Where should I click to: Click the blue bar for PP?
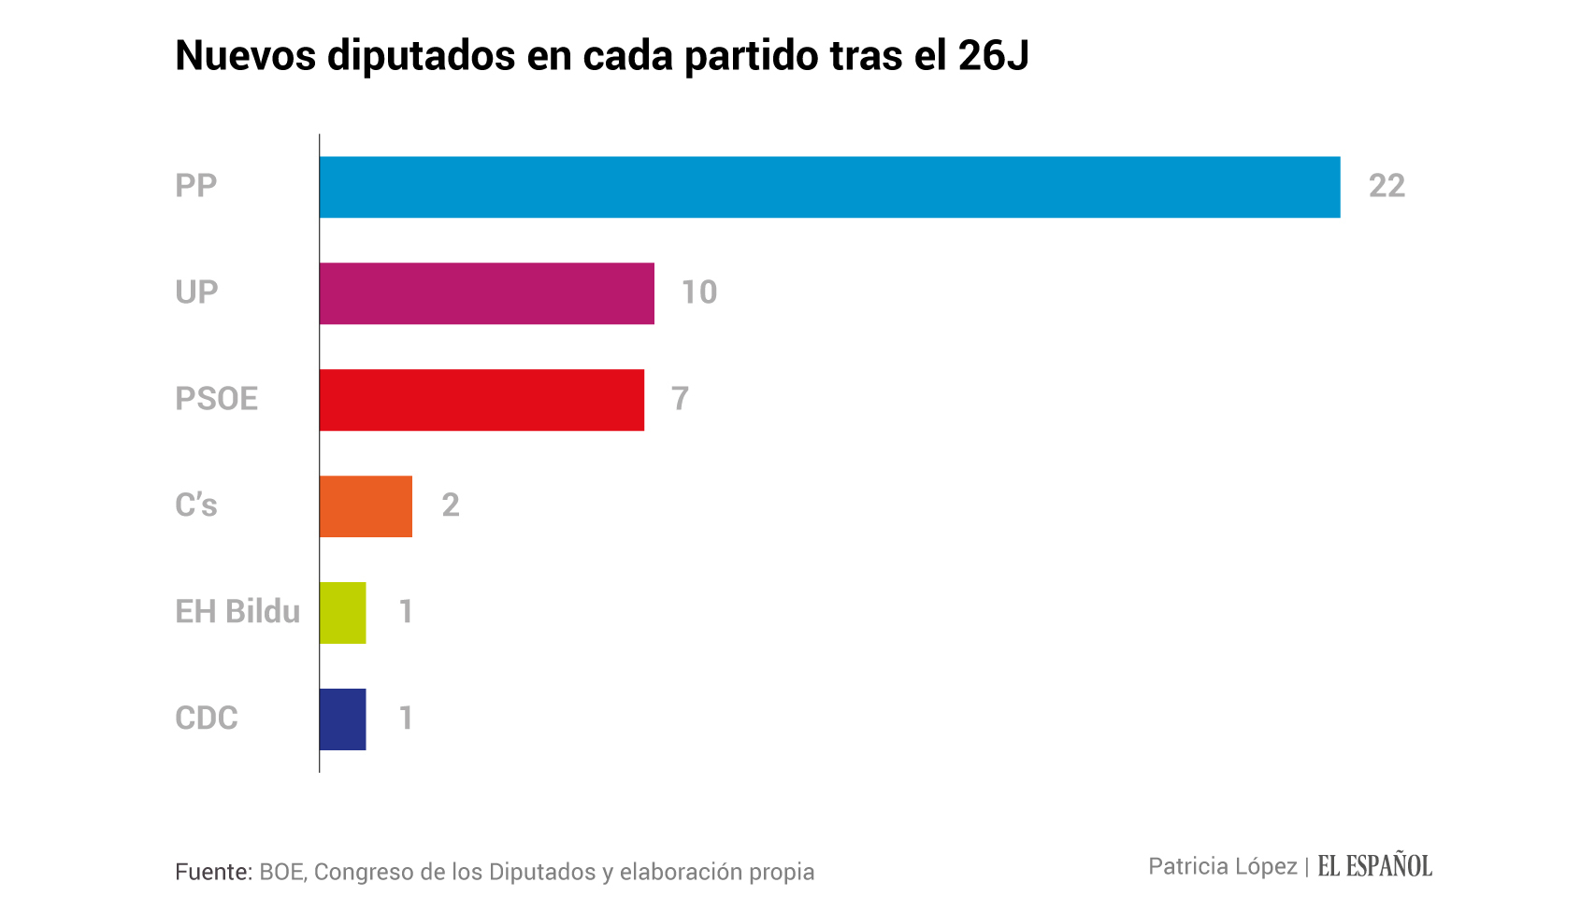click(829, 187)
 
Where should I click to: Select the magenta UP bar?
click(486, 293)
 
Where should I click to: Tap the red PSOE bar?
click(481, 400)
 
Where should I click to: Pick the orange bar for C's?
click(366, 506)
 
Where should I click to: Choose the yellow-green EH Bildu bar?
click(342, 613)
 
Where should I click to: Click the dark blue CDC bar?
click(342, 719)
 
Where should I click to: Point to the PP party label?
click(196, 186)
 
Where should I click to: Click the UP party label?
click(196, 292)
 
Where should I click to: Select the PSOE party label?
click(216, 399)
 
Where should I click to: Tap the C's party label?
click(196, 505)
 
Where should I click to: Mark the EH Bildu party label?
click(237, 612)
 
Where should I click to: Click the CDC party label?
click(207, 719)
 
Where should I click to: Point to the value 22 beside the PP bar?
click(1387, 186)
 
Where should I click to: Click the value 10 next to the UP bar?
click(698, 292)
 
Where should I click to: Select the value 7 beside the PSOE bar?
click(680, 399)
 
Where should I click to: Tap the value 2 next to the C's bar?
click(450, 505)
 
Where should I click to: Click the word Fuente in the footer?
click(213, 872)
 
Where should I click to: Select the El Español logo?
click(1374, 866)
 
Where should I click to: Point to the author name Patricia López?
click(1222, 867)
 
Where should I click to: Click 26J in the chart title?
click(993, 56)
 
